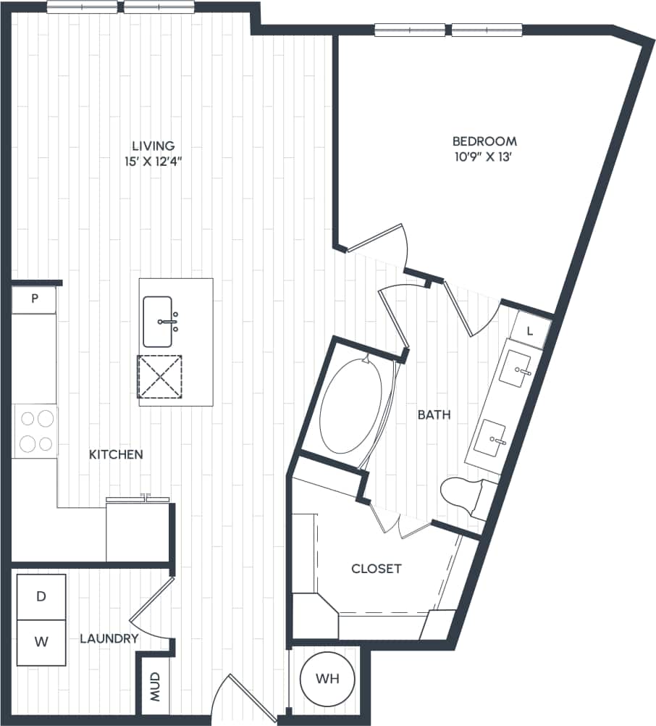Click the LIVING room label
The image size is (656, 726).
click(148, 146)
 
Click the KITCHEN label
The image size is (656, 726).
click(116, 455)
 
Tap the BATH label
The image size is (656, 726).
click(434, 415)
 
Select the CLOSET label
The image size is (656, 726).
click(376, 569)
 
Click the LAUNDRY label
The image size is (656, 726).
click(109, 638)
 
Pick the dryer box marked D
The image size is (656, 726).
click(41, 597)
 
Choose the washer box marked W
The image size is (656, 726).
click(41, 642)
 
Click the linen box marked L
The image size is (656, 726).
click(529, 331)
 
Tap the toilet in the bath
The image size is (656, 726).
click(466, 496)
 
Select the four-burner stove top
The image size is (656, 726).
click(35, 431)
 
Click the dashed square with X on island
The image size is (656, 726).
click(160, 376)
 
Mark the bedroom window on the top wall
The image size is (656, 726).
click(448, 30)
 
